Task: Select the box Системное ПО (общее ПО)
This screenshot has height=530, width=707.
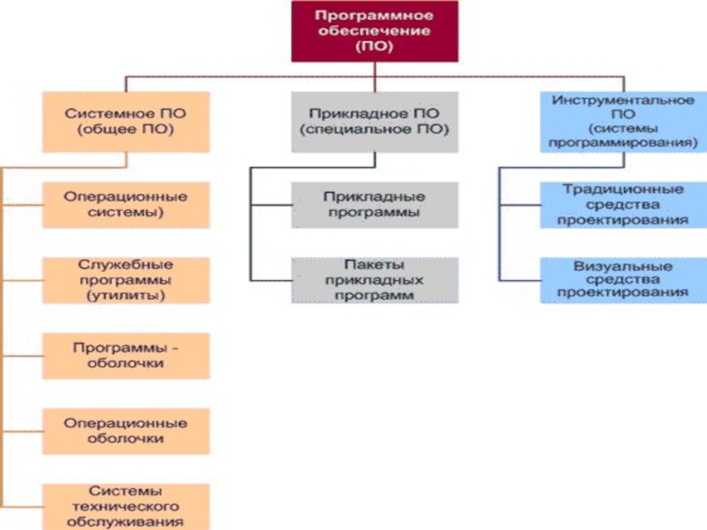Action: tap(126, 122)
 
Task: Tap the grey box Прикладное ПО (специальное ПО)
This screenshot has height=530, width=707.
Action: tap(375, 122)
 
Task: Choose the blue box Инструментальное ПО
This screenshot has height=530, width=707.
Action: tap(622, 121)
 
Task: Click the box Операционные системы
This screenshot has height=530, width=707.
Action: tap(126, 204)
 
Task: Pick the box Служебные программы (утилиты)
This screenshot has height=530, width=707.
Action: tap(126, 280)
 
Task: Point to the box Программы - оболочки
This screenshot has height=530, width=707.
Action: tap(126, 355)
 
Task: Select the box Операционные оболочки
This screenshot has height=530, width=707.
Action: tap(126, 430)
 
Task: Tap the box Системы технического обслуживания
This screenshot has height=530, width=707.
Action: tap(126, 506)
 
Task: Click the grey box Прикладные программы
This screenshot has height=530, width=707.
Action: tap(375, 204)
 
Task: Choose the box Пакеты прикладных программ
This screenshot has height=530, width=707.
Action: tap(375, 280)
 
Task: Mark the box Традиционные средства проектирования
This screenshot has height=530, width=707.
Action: tap(622, 204)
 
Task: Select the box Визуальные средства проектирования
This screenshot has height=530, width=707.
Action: tap(622, 280)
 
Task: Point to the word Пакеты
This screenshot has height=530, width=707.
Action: tap(375, 264)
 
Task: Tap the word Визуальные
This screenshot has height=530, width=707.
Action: tap(622, 265)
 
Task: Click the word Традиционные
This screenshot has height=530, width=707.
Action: tap(622, 189)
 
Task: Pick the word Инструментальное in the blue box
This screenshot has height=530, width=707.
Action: tap(622, 100)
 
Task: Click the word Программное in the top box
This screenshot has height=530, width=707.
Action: tap(375, 16)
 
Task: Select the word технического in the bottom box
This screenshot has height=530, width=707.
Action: tap(125, 506)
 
